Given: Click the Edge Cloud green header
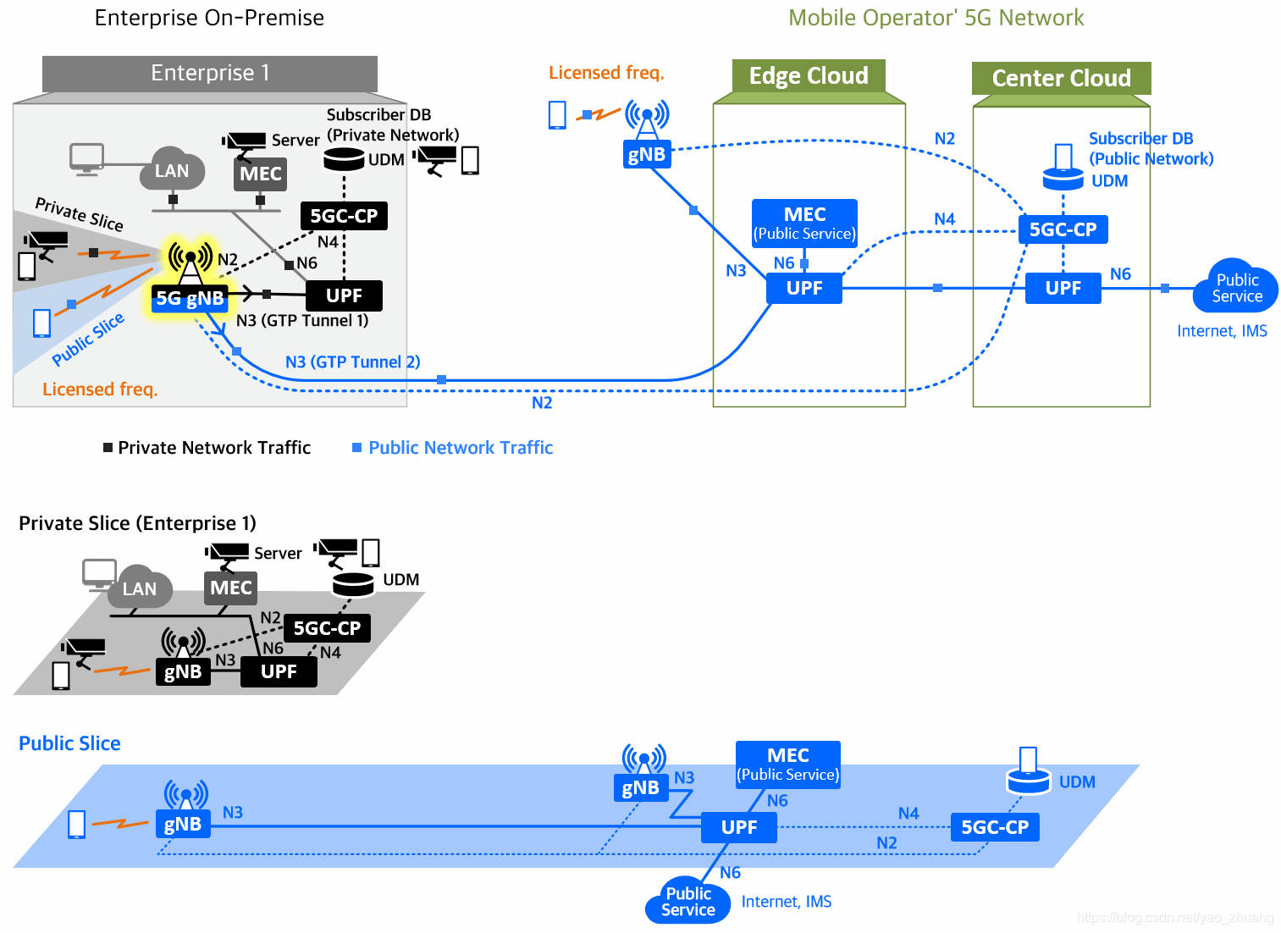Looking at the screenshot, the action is click(809, 75).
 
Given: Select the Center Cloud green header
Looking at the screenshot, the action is click(1062, 79).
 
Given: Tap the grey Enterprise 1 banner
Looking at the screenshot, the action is click(210, 73).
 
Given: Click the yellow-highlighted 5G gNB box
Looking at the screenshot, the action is click(190, 298).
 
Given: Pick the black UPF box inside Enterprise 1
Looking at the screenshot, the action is click(344, 295).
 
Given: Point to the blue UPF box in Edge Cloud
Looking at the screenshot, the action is click(804, 288).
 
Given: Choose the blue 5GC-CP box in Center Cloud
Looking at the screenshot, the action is click(1063, 229).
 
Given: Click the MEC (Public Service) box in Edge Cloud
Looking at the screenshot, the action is click(804, 223).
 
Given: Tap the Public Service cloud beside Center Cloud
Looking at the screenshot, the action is click(1236, 287).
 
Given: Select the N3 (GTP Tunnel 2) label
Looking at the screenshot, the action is click(353, 362).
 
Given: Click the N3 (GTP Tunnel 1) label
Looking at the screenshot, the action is click(302, 320).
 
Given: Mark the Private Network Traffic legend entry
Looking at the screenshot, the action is click(207, 448).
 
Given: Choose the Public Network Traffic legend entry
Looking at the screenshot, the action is click(453, 448).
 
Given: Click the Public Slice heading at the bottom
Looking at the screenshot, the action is click(69, 743).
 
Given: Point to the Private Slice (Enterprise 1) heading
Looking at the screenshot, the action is click(137, 523).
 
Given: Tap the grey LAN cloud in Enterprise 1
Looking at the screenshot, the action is click(172, 169).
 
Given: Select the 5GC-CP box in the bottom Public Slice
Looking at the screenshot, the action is click(995, 827).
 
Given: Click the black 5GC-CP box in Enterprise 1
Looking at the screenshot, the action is click(344, 216).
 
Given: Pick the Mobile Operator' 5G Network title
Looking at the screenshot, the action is click(936, 18).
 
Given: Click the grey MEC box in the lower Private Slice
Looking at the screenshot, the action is click(230, 588).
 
